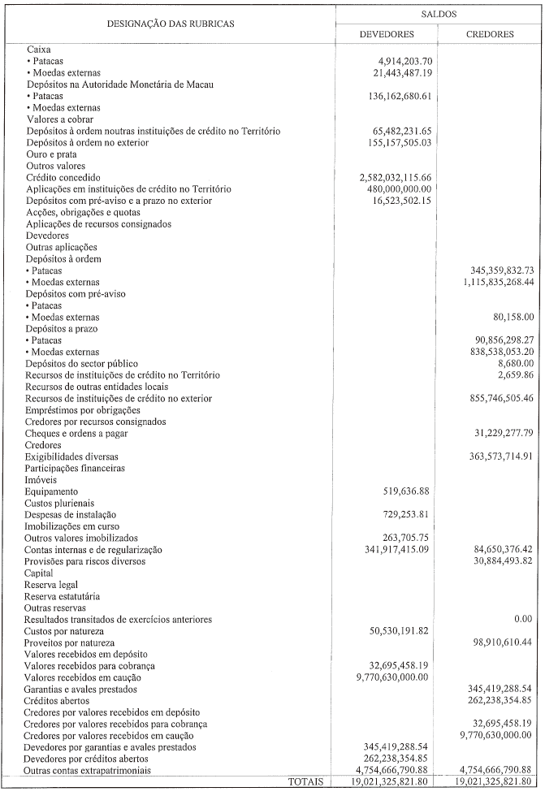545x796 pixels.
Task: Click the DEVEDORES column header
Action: pos(387,35)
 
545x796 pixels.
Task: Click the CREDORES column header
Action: pos(491,35)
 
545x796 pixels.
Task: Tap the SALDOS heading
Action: pos(439,14)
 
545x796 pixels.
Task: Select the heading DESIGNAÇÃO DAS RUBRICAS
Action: pos(171,24)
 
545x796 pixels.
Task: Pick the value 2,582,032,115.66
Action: pos(406,177)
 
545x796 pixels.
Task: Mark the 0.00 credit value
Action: pos(522,619)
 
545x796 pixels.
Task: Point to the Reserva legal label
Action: pos(54,585)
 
